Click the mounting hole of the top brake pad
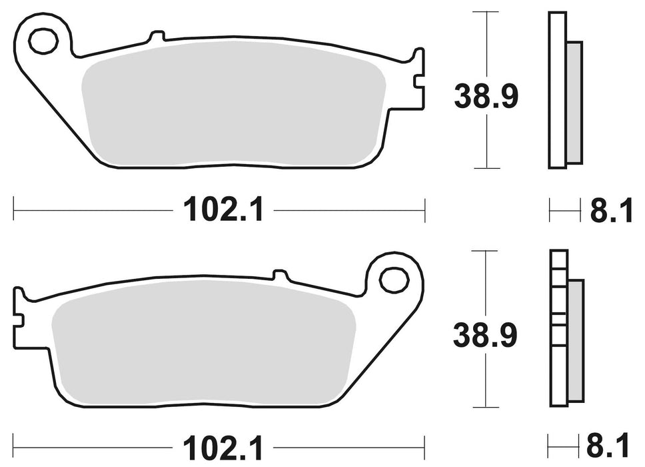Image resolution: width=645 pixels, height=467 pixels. [x=43, y=41]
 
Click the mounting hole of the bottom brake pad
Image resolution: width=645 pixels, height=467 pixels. [x=394, y=280]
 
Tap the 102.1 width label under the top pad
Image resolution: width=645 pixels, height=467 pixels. [x=223, y=211]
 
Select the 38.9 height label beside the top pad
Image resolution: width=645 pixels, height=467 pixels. [x=486, y=97]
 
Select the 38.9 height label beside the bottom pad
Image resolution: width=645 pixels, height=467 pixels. [x=485, y=336]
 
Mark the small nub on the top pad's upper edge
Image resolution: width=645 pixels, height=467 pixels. [x=156, y=36]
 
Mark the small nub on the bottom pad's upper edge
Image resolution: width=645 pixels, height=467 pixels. [x=281, y=274]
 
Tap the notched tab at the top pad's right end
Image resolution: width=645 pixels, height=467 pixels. [x=418, y=79]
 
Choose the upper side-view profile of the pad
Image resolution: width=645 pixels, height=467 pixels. [x=557, y=90]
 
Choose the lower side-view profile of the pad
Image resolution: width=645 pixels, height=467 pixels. [x=558, y=328]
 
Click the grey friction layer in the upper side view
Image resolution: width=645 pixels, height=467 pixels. [x=574, y=102]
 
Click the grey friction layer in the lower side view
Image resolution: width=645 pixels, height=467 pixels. [x=575, y=340]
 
